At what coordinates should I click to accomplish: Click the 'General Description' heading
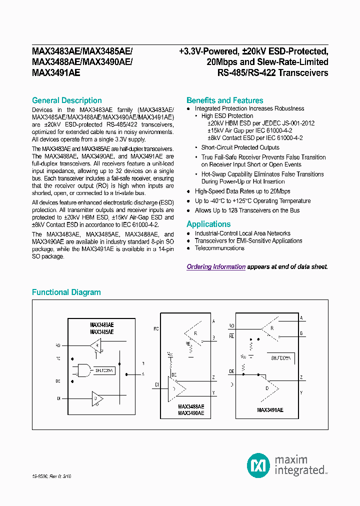point(66,100)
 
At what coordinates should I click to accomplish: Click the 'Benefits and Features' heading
point(224,100)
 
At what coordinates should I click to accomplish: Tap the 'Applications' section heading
point(208,224)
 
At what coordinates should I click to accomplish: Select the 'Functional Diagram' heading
point(66,292)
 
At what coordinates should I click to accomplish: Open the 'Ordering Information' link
point(216,267)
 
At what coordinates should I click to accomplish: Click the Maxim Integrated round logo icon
point(258,465)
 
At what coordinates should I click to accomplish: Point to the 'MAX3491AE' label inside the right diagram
point(270,409)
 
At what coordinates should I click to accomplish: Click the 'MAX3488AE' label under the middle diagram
point(191,407)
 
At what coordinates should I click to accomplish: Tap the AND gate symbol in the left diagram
point(84,370)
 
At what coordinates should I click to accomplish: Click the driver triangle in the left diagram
point(97,398)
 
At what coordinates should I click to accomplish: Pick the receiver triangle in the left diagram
point(95,345)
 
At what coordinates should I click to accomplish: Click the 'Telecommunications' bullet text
point(219,248)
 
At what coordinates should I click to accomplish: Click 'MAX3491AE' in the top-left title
point(55,72)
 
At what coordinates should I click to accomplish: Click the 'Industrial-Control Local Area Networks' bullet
point(242,233)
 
